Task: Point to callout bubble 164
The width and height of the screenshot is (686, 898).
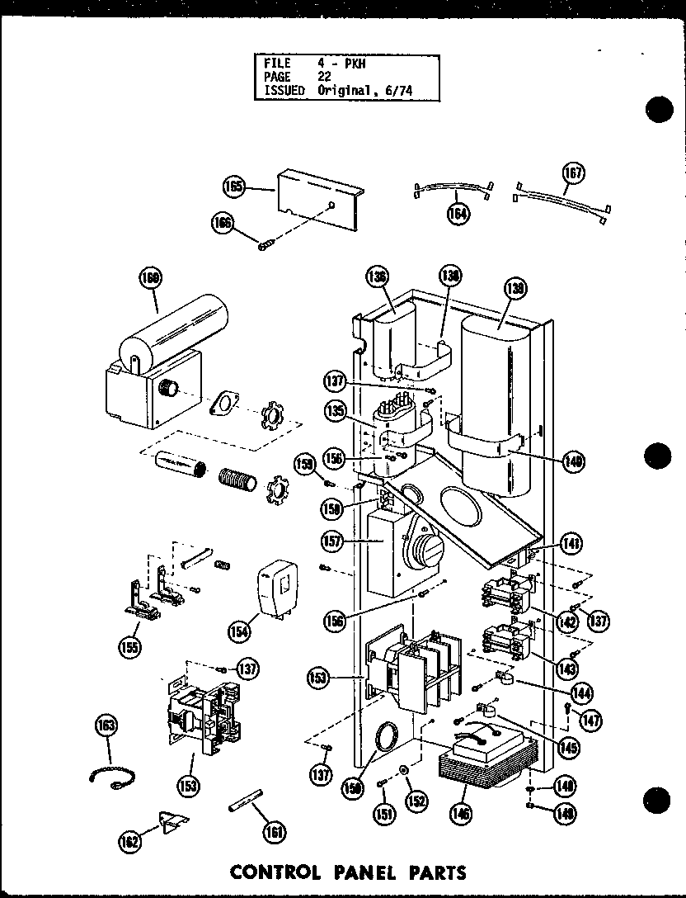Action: point(458,214)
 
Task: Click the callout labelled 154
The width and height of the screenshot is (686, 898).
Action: point(241,631)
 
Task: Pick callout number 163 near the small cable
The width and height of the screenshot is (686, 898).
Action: point(106,726)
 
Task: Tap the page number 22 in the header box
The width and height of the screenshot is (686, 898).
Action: point(324,76)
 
